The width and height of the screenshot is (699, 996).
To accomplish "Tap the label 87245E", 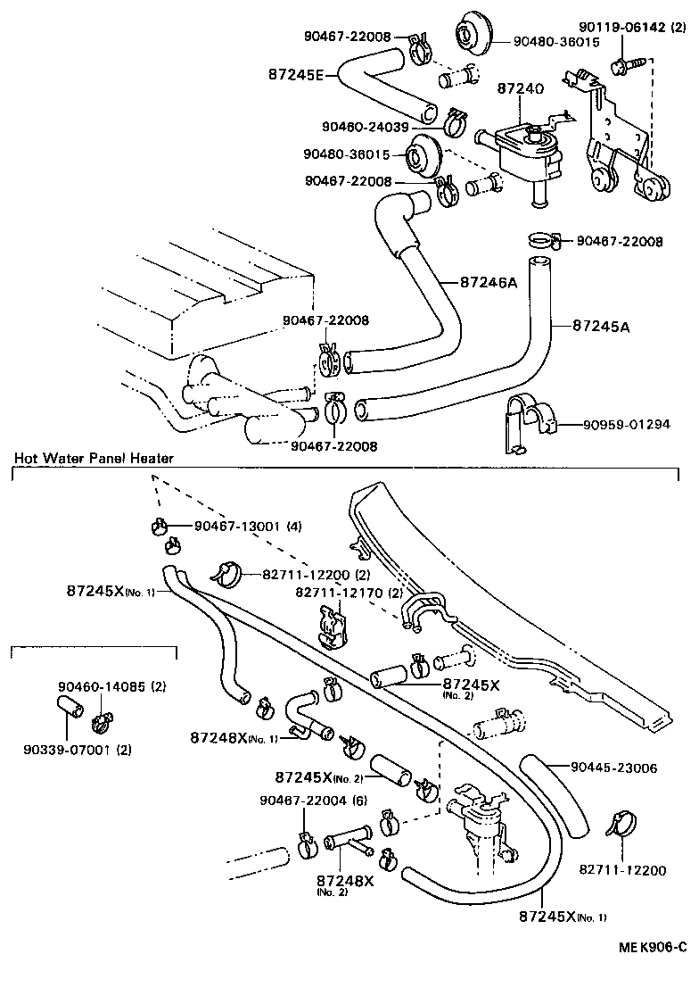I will (296, 75).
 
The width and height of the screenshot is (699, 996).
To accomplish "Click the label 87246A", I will (489, 281).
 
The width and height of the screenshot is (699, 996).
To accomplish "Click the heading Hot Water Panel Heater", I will (94, 458).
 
